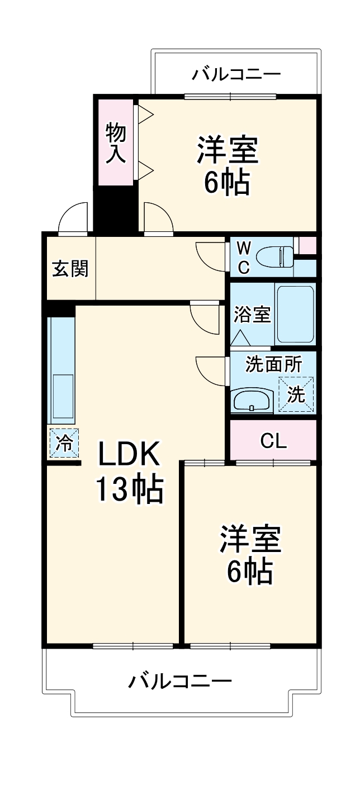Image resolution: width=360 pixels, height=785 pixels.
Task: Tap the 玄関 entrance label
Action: (71, 269)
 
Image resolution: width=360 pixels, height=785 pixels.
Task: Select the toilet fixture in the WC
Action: (273, 257)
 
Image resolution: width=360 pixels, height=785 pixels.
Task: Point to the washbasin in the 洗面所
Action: (252, 400)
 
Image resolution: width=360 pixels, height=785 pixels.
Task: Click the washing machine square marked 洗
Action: (297, 394)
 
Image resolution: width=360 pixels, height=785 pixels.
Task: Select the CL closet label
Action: (273, 441)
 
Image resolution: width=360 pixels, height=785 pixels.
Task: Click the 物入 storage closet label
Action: (116, 142)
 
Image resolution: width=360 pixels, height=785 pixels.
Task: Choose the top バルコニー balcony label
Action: (236, 74)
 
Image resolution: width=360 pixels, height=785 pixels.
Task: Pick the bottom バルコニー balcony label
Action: (180, 681)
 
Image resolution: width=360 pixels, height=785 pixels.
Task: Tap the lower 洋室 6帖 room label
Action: (250, 555)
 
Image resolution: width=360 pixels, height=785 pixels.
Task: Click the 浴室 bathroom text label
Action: (252, 315)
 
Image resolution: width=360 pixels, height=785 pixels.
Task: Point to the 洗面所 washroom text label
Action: (274, 364)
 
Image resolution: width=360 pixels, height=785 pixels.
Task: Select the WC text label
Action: (243, 257)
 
